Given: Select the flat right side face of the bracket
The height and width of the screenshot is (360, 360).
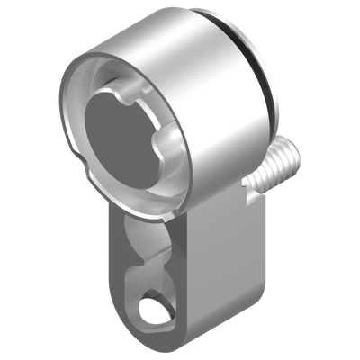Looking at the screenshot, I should (225, 261).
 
